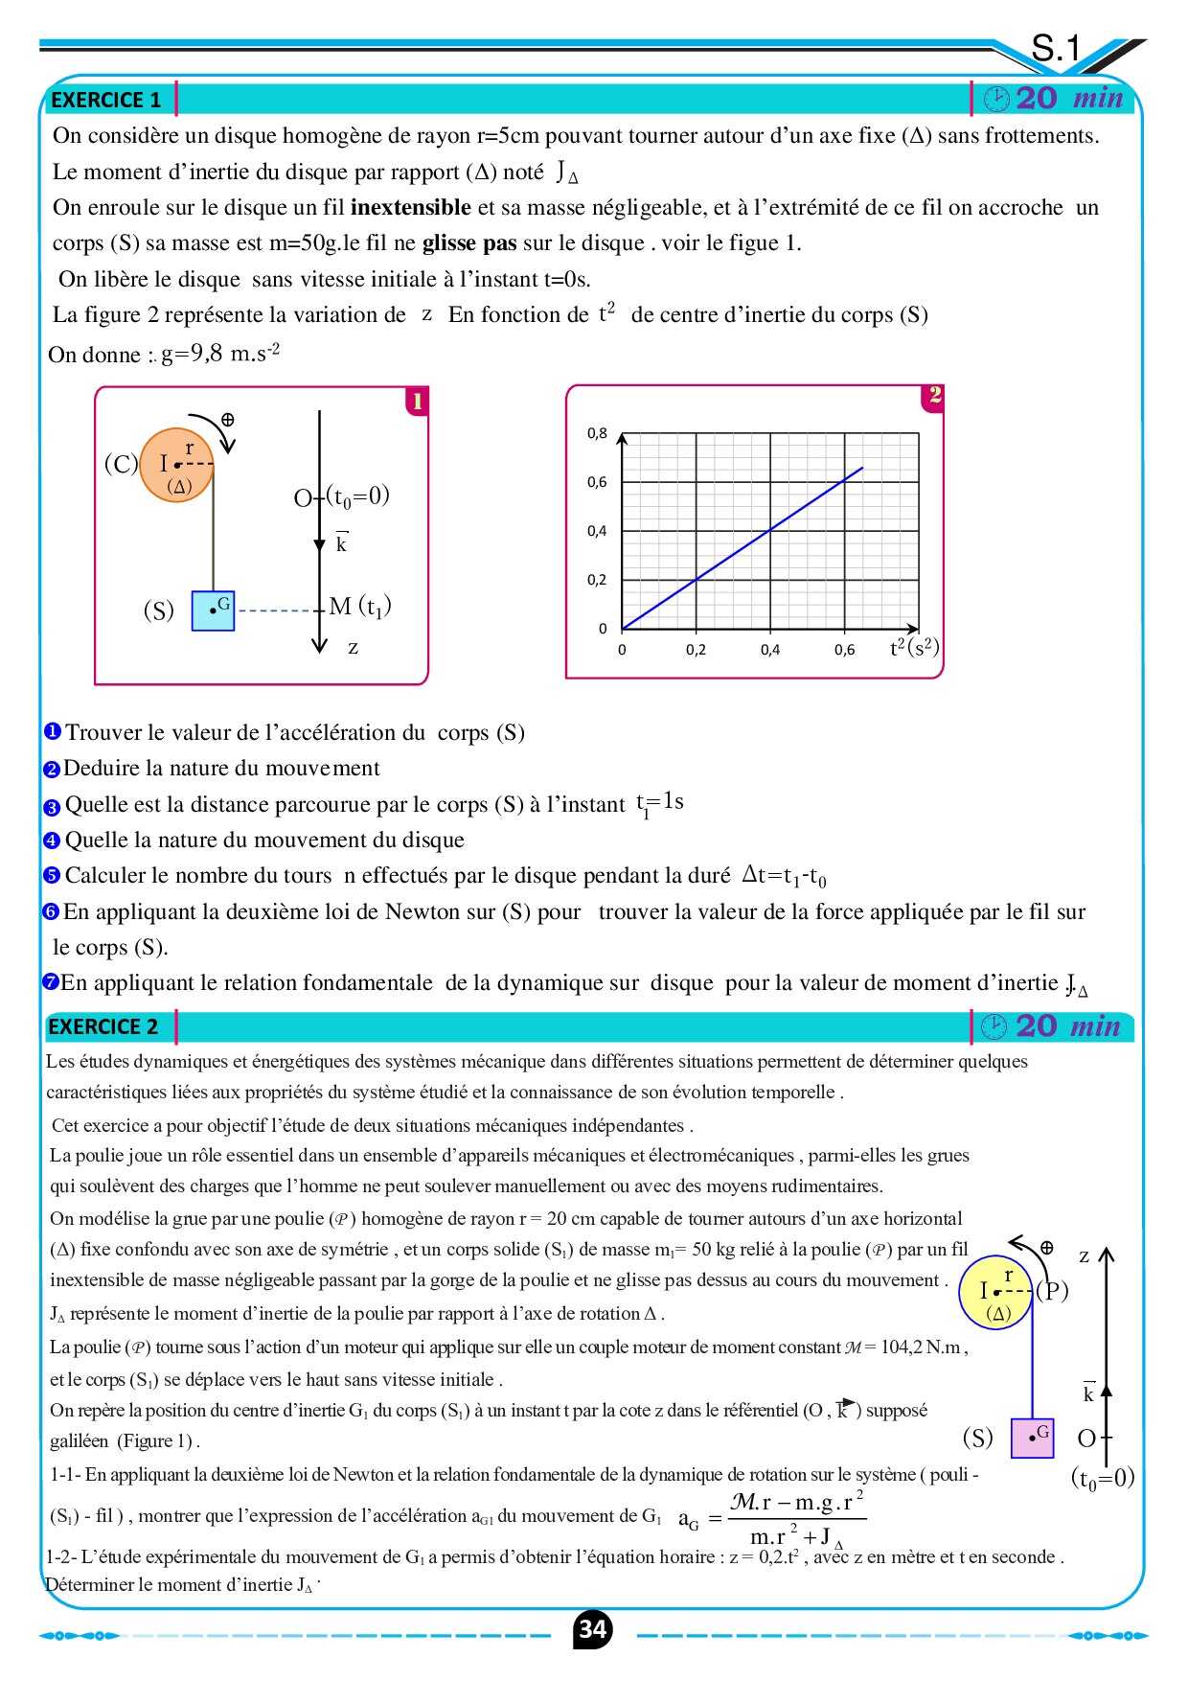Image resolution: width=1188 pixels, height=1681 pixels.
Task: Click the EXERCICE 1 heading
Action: [x=105, y=100]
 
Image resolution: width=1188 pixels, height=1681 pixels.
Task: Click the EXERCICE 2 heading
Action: [x=103, y=1026]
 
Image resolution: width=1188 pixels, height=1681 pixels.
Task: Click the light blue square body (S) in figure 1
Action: [x=213, y=610]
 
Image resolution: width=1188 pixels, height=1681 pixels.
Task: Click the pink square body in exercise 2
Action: [x=1032, y=1438]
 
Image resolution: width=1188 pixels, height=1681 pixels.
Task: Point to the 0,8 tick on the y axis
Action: [x=597, y=433]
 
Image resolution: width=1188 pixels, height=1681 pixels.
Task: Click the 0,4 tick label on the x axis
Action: [x=770, y=650]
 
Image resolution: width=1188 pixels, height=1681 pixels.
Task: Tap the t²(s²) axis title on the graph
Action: [x=914, y=647]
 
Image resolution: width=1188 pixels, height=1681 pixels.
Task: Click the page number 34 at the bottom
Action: [x=593, y=1629]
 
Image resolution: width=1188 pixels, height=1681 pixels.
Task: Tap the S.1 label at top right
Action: [x=1055, y=48]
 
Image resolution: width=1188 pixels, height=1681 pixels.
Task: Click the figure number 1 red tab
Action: [x=417, y=401]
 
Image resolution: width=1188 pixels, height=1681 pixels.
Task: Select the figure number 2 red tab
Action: [x=934, y=395]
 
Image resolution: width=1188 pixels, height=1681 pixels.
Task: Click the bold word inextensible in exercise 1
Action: [x=410, y=207]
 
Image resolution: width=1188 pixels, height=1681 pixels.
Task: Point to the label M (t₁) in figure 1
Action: [x=360, y=607]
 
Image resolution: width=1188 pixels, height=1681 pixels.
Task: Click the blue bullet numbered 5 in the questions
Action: [x=52, y=876]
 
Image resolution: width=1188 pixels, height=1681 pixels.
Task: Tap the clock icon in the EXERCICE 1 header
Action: [x=996, y=99]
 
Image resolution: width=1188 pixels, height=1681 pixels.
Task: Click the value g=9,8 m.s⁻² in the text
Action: [x=220, y=354]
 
